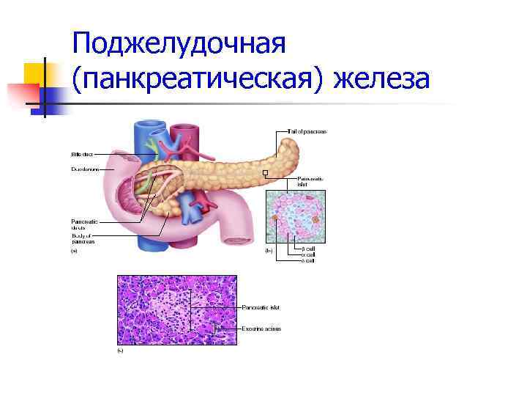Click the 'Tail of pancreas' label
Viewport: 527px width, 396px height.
click(307, 131)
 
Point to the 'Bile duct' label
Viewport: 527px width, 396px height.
click(82, 154)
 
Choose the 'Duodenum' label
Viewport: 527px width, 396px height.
click(82, 169)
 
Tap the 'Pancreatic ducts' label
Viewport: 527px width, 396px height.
click(81, 224)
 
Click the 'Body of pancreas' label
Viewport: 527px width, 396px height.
click(81, 238)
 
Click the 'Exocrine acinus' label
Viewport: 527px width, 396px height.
click(261, 329)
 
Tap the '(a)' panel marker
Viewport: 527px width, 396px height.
click(73, 252)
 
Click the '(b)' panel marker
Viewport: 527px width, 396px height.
click(268, 252)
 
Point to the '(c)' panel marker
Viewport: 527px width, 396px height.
click(120, 351)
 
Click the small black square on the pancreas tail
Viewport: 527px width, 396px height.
click(266, 174)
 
